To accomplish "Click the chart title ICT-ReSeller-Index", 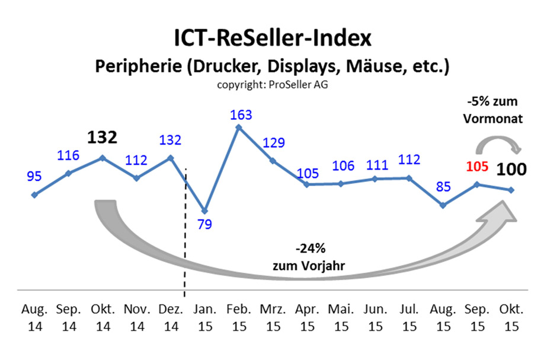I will (273, 39).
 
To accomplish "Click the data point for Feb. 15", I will (238, 127).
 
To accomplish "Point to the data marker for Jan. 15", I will (204, 211).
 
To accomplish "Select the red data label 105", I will (477, 167).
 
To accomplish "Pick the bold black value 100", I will (511, 170).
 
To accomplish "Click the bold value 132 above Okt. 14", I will (102, 138).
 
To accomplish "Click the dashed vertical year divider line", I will (185, 237).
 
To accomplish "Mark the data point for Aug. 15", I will (443, 205).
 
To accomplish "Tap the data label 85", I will (443, 187).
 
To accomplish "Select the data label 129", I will (273, 143).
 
